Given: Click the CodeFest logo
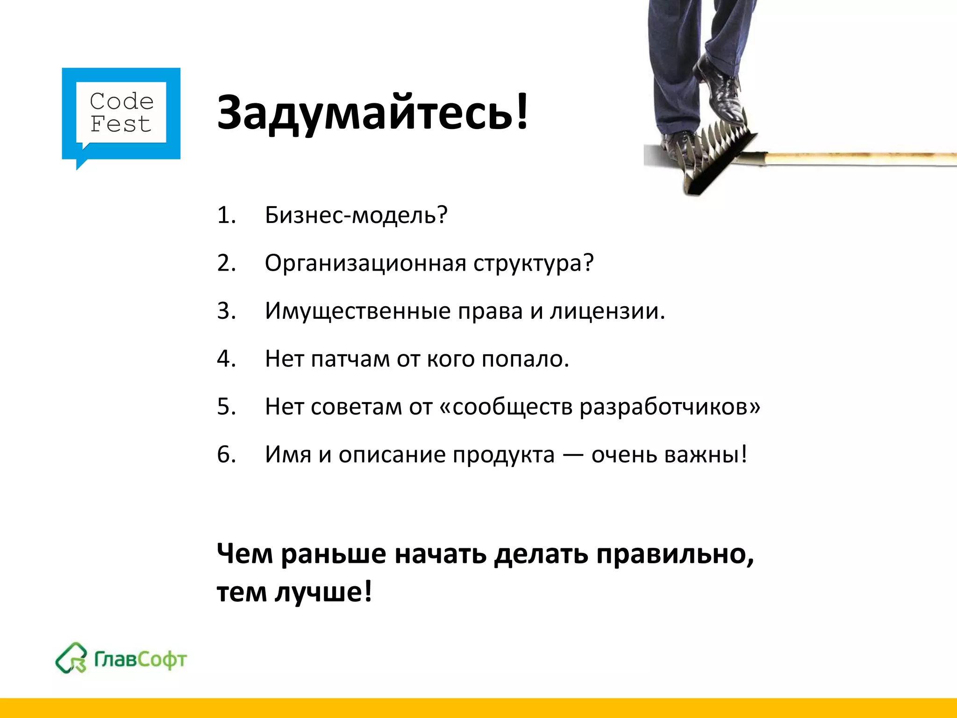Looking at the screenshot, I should [121, 114].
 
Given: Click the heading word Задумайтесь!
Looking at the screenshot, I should [372, 112].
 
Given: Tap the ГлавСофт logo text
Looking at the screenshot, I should [141, 660].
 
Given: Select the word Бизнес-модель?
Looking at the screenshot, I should [356, 215].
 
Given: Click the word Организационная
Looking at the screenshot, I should [365, 263].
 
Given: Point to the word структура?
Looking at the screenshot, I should [533, 263].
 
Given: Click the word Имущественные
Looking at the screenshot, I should [357, 311].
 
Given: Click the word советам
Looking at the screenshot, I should [356, 407].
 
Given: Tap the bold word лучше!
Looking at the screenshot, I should [323, 592].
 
